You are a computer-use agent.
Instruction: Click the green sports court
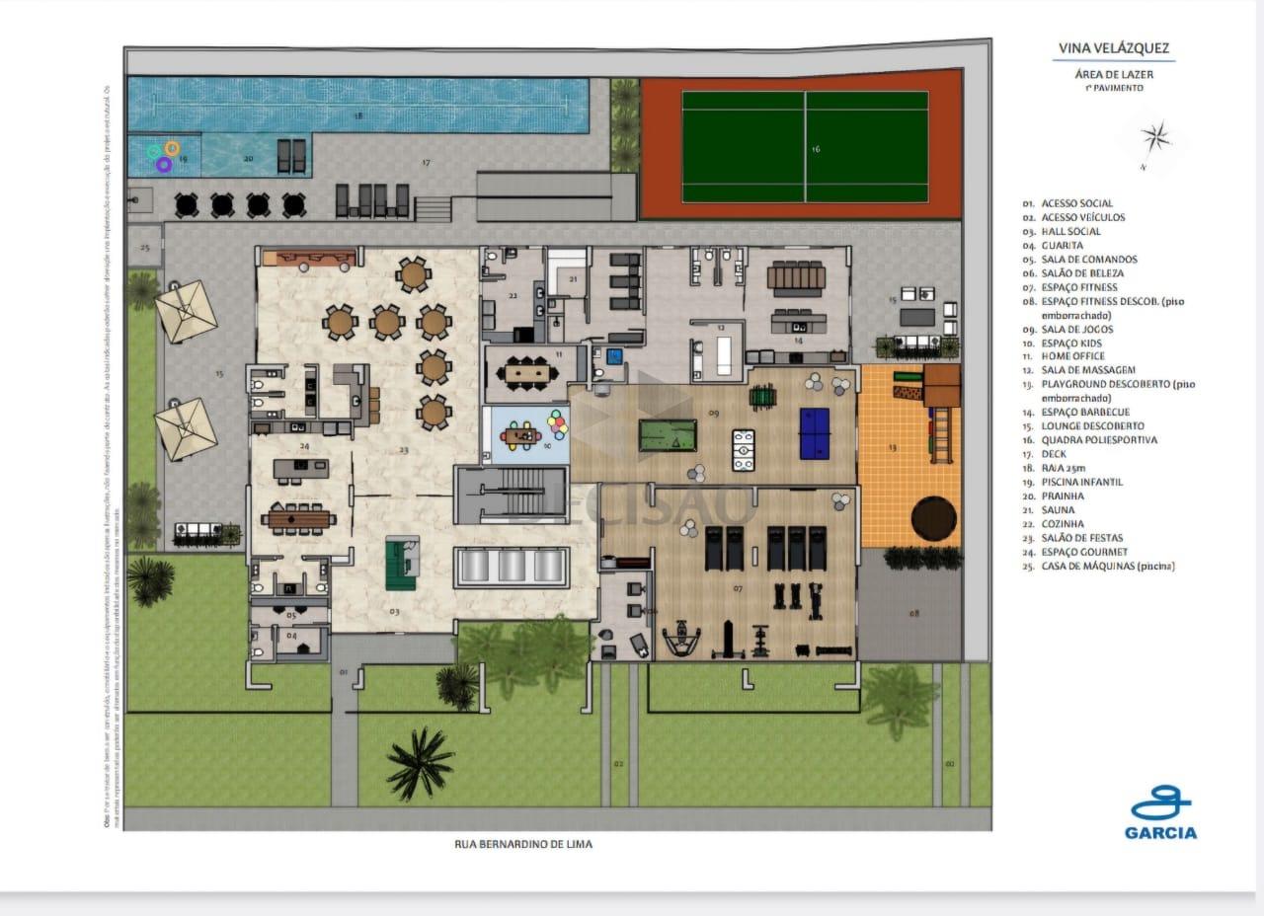[805, 146]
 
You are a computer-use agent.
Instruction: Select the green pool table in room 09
[666, 435]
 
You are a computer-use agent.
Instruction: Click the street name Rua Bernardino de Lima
[523, 844]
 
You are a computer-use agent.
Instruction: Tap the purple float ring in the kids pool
[164, 165]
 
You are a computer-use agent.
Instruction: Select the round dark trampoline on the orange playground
[932, 517]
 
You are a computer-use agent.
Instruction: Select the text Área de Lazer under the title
[1113, 74]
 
